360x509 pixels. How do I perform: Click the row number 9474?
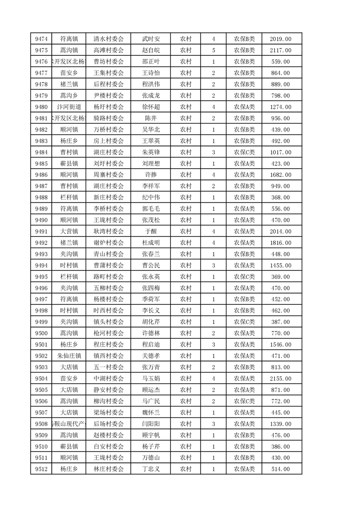(41, 39)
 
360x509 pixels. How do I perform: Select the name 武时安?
(151, 39)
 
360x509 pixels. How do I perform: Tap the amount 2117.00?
(280, 50)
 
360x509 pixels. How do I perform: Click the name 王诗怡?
(151, 73)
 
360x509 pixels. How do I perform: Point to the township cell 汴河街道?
(69, 107)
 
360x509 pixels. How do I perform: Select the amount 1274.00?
(280, 107)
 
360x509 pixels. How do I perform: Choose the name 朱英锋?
(151, 152)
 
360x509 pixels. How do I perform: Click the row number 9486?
(41, 175)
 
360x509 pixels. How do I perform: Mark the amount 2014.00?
(280, 231)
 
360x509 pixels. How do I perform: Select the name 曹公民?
(151, 265)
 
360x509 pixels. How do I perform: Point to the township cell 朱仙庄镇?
(69, 356)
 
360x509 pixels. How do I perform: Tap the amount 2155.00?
(280, 379)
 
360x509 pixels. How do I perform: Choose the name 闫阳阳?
(151, 424)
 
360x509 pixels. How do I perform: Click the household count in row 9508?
(213, 424)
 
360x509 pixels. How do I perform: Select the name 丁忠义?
(151, 470)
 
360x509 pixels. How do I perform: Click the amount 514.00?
(280, 470)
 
